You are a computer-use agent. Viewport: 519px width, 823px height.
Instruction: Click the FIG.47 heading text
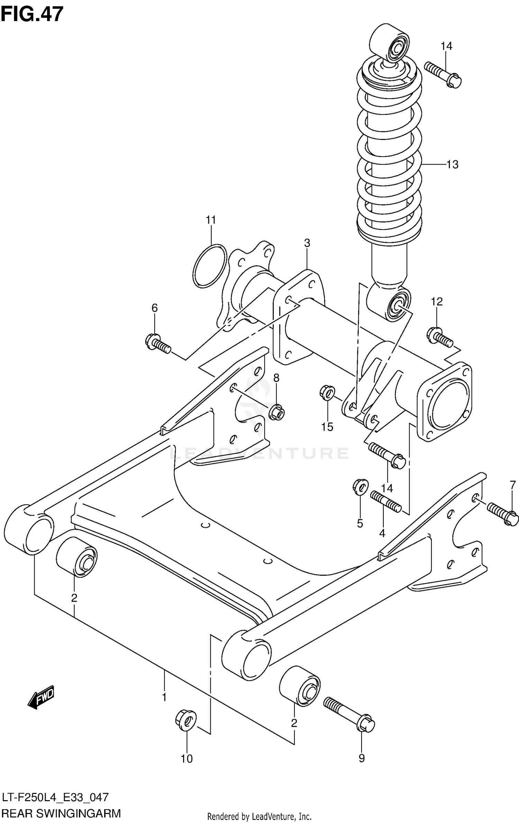coord(32,15)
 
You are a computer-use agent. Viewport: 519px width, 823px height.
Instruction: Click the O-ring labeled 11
coord(210,266)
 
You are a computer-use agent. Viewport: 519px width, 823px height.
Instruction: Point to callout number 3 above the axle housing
coord(307,243)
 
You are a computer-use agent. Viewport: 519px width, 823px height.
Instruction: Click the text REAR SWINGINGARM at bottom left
coord(61,813)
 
